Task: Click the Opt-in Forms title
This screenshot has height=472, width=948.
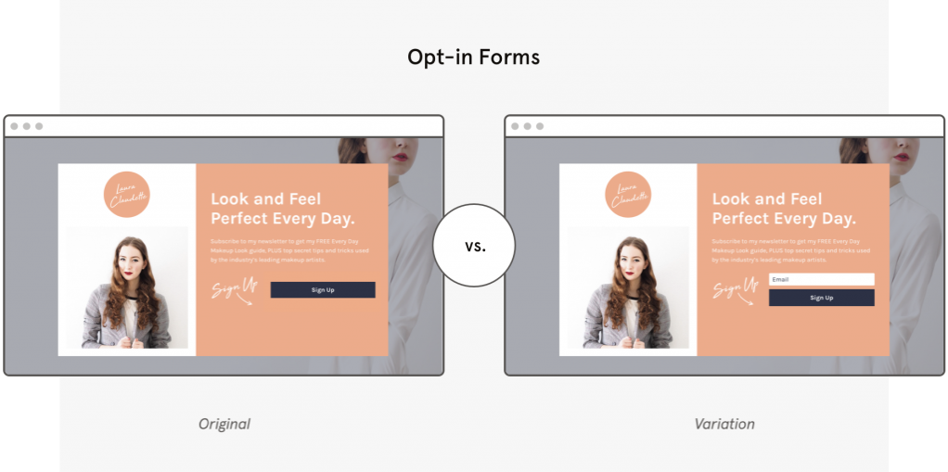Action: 473,57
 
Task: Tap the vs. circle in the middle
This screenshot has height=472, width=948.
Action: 474,246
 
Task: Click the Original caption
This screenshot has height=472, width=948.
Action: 224,424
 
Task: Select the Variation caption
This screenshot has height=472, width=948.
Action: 724,424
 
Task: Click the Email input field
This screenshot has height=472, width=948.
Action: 821,279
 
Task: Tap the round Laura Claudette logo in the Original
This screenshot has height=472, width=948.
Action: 126,195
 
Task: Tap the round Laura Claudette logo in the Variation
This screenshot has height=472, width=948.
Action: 628,195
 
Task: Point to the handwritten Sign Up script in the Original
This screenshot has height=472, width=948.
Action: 234,289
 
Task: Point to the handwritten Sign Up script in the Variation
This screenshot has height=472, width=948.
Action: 735,289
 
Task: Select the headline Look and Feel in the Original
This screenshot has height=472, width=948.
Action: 266,198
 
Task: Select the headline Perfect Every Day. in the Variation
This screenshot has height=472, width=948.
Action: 784,219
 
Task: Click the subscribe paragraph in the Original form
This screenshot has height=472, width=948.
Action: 290,250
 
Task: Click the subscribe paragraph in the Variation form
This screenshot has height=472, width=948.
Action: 791,250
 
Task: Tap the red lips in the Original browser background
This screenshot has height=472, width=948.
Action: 400,156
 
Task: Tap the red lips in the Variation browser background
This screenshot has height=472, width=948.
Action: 901,156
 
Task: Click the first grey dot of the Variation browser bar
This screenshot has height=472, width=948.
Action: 516,126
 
